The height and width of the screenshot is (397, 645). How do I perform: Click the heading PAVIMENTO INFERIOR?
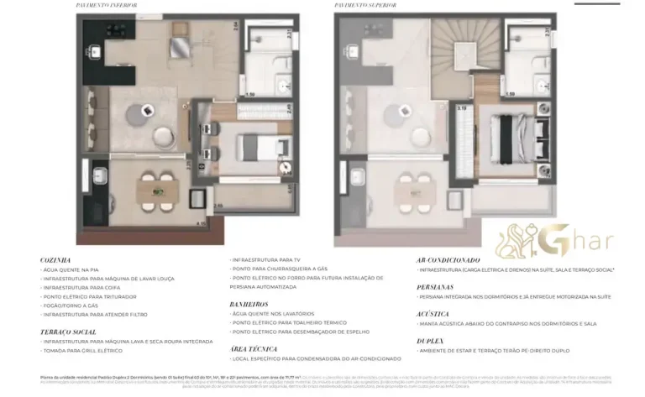click(107, 6)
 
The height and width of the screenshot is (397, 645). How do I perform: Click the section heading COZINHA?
click(55, 260)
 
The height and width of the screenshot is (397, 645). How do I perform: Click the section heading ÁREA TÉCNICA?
click(251, 347)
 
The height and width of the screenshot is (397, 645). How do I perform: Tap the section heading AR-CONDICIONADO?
click(448, 260)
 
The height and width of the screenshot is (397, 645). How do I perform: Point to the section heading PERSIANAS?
click(436, 287)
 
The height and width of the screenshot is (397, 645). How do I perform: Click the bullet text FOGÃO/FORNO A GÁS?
click(72, 306)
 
